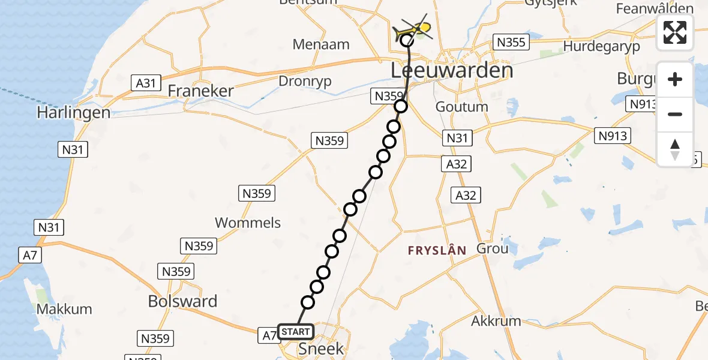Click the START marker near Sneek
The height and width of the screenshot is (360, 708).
click(x=296, y=332)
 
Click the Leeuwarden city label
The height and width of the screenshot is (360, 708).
click(x=452, y=71)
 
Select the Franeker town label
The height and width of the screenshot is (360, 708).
click(x=200, y=91)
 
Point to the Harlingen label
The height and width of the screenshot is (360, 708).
click(x=73, y=112)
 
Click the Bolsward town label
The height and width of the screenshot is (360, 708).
click(x=183, y=301)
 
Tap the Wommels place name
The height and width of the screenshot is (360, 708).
click(x=248, y=223)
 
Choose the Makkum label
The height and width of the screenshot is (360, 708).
click(x=64, y=309)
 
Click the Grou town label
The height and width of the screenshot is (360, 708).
click(x=492, y=248)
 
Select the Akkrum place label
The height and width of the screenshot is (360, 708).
click(x=496, y=320)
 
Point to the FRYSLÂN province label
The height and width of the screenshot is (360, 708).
click(x=437, y=251)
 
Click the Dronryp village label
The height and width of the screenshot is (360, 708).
click(x=305, y=82)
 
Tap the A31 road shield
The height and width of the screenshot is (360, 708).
click(x=146, y=83)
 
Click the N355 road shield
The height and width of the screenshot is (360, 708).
click(x=511, y=42)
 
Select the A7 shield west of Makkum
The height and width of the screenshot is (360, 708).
click(x=28, y=256)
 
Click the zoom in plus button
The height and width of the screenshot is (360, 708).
click(x=675, y=79)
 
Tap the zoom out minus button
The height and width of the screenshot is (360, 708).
click(x=675, y=114)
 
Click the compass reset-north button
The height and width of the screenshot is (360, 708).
click(x=675, y=149)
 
